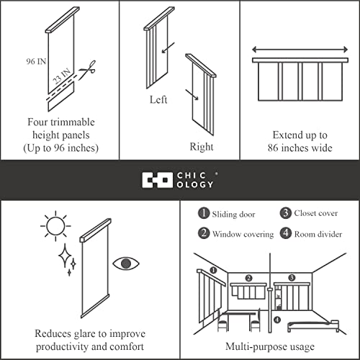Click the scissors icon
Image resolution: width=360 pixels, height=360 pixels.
click(x=88, y=69)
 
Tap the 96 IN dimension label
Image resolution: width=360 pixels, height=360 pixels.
click(x=36, y=61)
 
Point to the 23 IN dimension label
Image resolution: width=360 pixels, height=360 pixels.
click(x=62, y=76)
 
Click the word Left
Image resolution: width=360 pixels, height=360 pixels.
click(x=158, y=99)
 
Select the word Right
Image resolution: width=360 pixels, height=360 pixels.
click(x=202, y=147)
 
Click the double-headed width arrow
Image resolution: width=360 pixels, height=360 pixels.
click(x=300, y=50)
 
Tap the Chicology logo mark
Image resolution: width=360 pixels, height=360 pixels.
click(x=157, y=180)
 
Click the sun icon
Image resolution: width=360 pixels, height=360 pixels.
click(x=55, y=226)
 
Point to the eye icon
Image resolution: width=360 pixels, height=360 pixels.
click(x=126, y=264)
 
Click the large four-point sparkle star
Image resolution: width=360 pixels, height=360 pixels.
click(x=65, y=256)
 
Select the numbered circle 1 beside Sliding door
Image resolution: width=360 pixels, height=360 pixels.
click(x=204, y=213)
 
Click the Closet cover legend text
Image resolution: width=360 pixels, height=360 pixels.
click(x=316, y=213)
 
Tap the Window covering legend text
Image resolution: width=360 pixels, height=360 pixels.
click(x=243, y=234)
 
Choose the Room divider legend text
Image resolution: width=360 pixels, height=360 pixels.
click(x=318, y=234)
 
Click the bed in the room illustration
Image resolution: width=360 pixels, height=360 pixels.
click(x=313, y=326)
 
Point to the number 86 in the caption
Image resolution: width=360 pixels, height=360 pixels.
click(x=274, y=148)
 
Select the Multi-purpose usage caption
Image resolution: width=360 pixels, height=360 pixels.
click(x=270, y=347)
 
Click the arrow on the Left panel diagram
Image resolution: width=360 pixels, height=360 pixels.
click(x=168, y=48)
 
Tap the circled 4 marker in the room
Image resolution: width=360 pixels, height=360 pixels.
click(x=277, y=320)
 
